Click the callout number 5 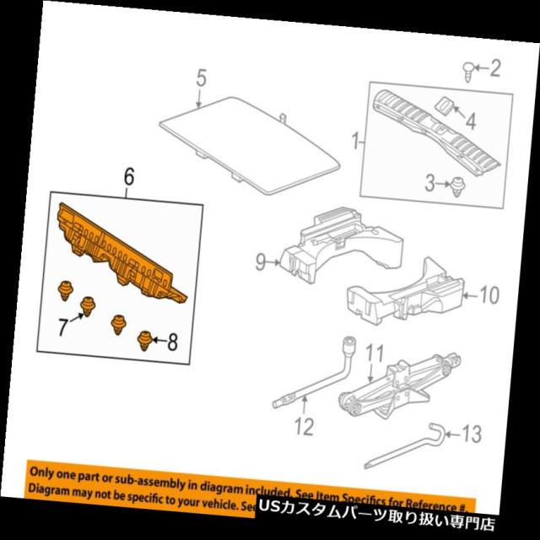pos(201,81)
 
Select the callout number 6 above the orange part pos(128,176)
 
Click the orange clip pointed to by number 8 pos(144,340)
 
